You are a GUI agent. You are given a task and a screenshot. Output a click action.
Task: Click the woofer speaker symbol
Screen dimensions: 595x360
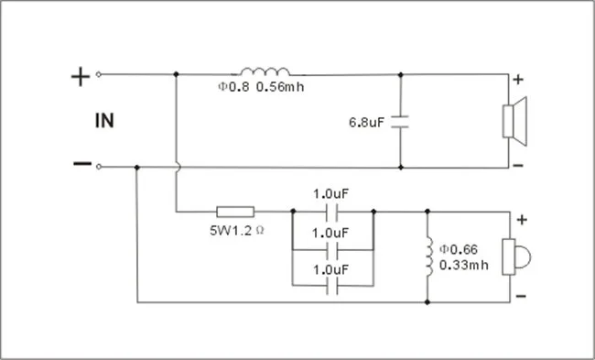[514, 121]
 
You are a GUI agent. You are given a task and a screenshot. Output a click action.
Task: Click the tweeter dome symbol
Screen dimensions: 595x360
[516, 256]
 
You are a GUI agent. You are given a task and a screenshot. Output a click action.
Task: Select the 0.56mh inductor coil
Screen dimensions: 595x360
[265, 71]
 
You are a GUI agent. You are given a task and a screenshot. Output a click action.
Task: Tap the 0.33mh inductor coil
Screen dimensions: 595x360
[429, 256]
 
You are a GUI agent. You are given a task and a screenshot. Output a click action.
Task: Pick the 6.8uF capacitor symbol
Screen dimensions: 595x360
[400, 122]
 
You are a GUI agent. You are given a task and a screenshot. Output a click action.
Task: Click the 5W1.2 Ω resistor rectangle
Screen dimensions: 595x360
[235, 212]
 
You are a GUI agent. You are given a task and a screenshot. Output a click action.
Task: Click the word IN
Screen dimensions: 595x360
[104, 121]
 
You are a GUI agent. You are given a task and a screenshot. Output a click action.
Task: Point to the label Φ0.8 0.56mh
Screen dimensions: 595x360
[261, 87]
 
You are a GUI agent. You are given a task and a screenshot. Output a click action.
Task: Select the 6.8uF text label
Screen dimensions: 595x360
[366, 122]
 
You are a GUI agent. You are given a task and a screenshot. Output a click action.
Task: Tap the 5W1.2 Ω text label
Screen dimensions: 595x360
[237, 230]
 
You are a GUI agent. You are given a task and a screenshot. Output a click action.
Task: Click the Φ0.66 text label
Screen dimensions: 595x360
[459, 249]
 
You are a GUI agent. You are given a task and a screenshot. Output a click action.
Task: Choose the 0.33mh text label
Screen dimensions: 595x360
[464, 265]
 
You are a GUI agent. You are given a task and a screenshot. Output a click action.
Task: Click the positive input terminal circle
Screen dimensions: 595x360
[99, 74]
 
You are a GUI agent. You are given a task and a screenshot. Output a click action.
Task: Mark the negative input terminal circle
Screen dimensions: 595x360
[99, 167]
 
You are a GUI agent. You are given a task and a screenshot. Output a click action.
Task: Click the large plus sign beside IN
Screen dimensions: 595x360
[81, 77]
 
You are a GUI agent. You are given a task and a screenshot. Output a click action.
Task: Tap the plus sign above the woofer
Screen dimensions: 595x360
[518, 80]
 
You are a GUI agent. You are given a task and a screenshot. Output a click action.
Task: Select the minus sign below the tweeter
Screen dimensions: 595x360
[521, 296]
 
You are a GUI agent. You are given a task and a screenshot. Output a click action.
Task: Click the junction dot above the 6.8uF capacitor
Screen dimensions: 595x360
[401, 75]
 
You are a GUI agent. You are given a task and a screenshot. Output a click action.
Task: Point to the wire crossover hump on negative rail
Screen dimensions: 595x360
[178, 167]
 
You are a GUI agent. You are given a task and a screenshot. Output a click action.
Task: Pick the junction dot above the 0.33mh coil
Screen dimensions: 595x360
[427, 211]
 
